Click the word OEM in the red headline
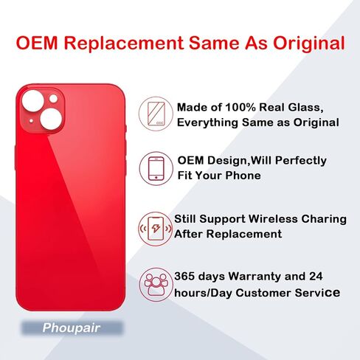point(37,43)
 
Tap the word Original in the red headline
point(309,44)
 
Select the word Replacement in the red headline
point(124,44)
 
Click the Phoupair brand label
point(72,328)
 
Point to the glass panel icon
point(156,114)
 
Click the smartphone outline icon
point(156,168)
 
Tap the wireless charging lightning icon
point(156,229)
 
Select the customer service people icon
point(156,285)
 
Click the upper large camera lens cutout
point(33,101)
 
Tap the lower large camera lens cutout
point(51,119)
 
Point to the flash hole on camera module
point(53,99)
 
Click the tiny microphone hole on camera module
point(31,121)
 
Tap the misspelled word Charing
point(324,219)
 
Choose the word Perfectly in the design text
point(301,161)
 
